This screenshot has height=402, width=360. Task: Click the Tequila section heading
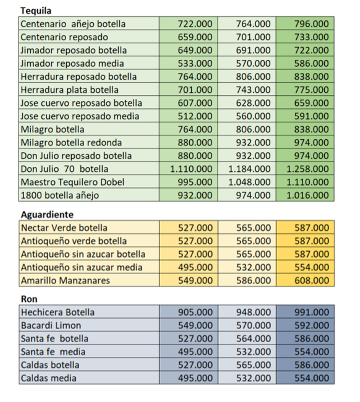(36, 11)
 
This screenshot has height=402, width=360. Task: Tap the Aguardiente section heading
(47, 214)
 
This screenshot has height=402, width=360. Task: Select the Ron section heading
(29, 299)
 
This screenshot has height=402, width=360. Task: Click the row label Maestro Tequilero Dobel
(73, 182)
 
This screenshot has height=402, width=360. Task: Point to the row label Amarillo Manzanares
(66, 280)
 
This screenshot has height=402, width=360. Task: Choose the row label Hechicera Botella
(58, 312)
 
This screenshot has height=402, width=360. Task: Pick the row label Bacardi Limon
(51, 326)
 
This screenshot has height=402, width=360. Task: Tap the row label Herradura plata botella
(69, 90)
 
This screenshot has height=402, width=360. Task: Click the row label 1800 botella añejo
(60, 195)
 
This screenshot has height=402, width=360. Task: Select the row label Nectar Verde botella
(64, 228)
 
